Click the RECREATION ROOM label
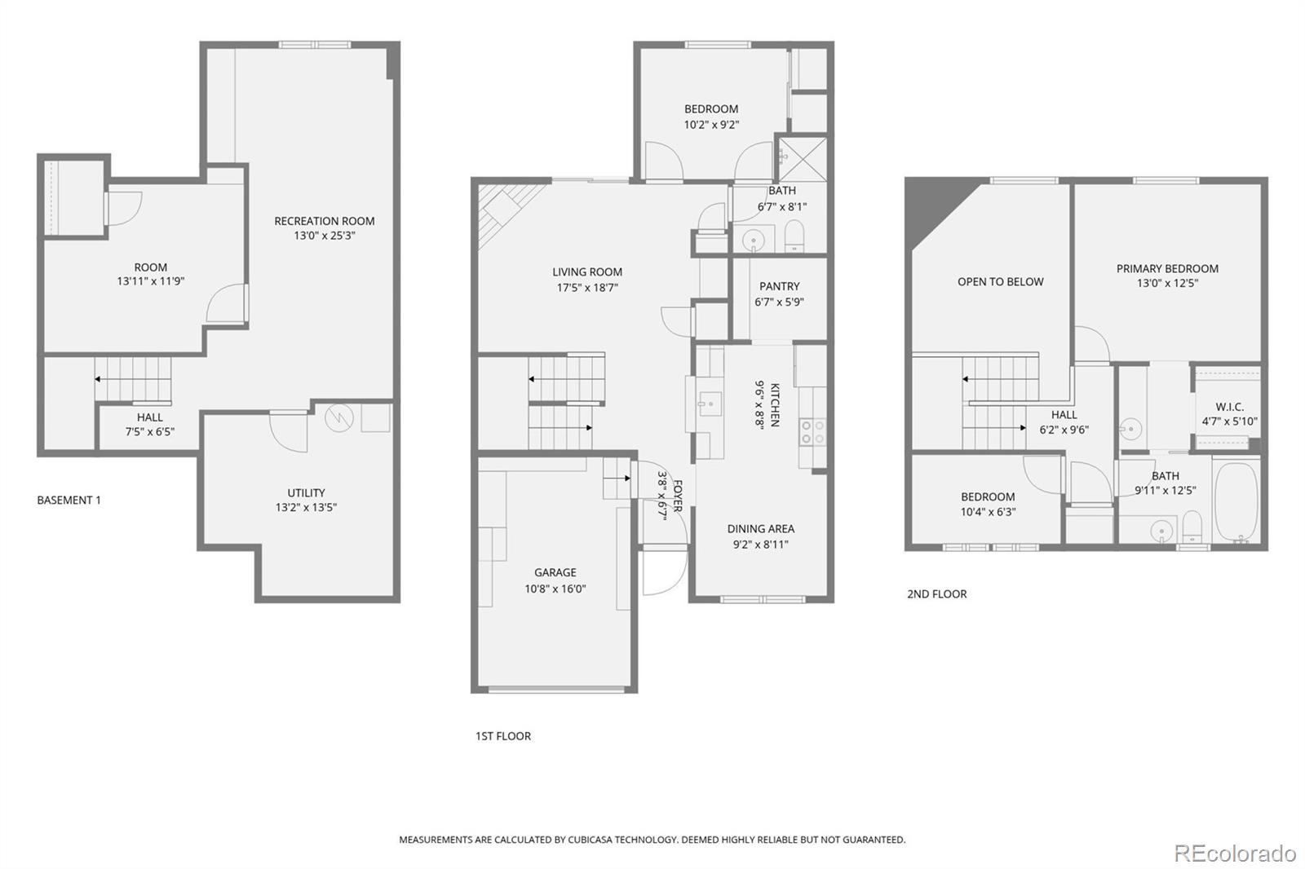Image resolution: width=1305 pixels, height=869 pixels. (324, 221)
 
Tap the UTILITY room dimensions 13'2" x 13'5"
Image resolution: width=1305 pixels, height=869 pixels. (306, 507)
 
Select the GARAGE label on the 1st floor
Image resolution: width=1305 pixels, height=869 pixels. (555, 572)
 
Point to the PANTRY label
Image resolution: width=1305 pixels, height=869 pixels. (779, 286)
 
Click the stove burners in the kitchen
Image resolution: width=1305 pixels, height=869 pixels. (812, 431)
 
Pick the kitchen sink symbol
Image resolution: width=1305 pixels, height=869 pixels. (707, 403)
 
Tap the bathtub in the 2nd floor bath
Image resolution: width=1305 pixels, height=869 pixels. (1236, 501)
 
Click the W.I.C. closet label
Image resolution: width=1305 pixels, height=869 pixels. (1229, 407)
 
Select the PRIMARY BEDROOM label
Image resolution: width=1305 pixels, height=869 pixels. (1167, 268)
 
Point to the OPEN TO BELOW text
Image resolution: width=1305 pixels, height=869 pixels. (1000, 282)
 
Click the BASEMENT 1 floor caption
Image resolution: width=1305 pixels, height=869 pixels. (69, 500)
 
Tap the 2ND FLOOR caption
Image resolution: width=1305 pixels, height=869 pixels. (936, 593)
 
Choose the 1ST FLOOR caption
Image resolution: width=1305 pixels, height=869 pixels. (502, 735)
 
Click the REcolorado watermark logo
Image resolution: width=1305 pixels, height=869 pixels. (1234, 853)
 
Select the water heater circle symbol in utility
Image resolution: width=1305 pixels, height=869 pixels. (336, 418)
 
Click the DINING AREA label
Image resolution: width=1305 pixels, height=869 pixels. (760, 528)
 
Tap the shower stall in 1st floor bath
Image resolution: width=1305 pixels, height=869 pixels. (801, 160)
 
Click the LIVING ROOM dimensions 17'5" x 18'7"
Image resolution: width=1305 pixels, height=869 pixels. (586, 288)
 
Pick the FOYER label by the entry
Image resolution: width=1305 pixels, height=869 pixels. (677, 496)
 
